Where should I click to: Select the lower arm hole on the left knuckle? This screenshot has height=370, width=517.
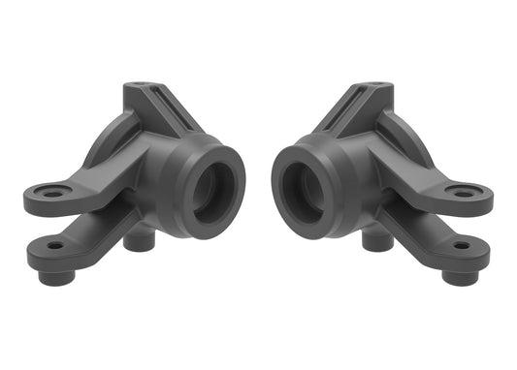(x=54, y=245)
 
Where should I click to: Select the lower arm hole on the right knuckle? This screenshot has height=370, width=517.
(x=461, y=245)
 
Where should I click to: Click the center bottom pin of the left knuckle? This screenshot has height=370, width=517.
(x=137, y=238)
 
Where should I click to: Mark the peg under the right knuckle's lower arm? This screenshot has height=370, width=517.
(x=463, y=274)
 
